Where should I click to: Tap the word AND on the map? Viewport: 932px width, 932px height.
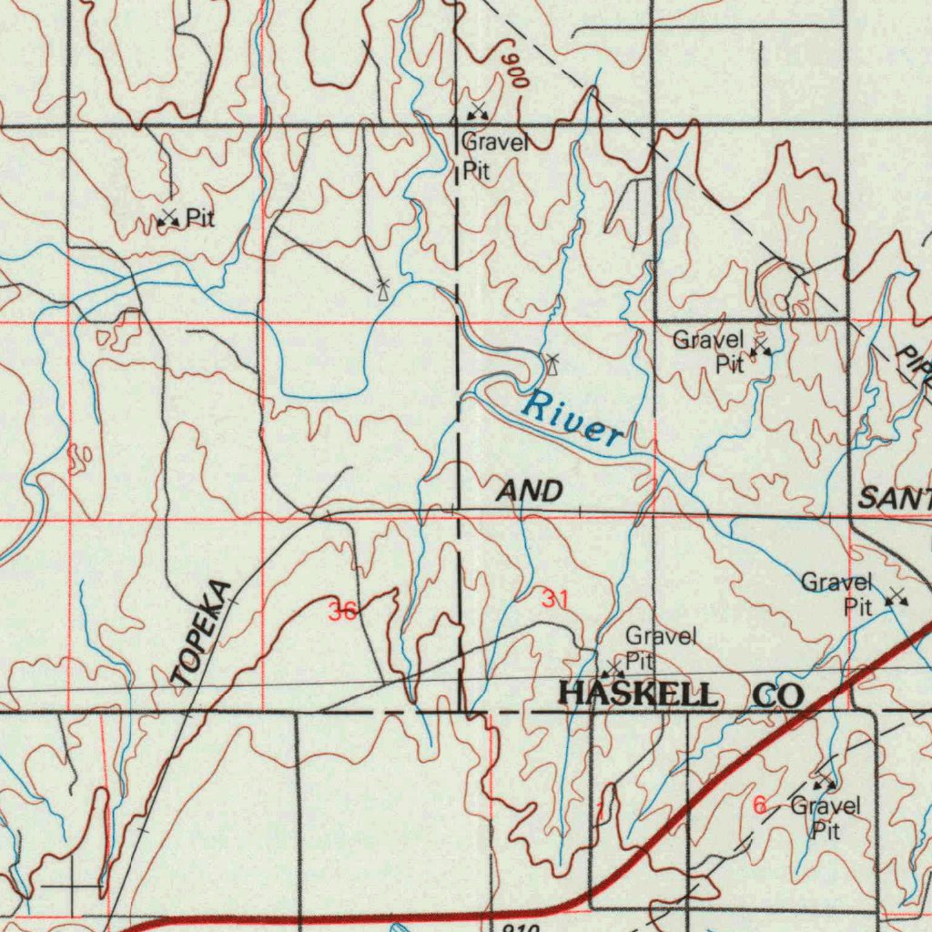[530, 492]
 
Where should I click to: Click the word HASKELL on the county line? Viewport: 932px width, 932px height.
[637, 694]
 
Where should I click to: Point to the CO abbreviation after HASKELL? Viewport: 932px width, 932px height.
[778, 695]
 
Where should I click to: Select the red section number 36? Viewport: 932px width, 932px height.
[343, 612]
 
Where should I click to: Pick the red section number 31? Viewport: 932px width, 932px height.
[554, 599]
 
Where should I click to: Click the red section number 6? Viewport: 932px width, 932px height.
[759, 805]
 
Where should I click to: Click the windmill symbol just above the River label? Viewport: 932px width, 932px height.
[552, 365]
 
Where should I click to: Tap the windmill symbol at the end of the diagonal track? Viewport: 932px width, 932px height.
[382, 289]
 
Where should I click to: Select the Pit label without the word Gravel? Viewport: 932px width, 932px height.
[200, 218]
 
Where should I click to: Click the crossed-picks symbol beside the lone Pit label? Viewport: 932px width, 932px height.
[167, 218]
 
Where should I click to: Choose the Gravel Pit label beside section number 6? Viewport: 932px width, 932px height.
[826, 817]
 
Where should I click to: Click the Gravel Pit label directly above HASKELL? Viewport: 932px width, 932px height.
[658, 647]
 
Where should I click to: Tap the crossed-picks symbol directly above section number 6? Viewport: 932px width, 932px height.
[824, 782]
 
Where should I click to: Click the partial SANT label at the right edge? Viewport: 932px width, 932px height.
[896, 498]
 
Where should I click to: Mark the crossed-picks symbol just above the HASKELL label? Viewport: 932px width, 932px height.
[612, 670]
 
